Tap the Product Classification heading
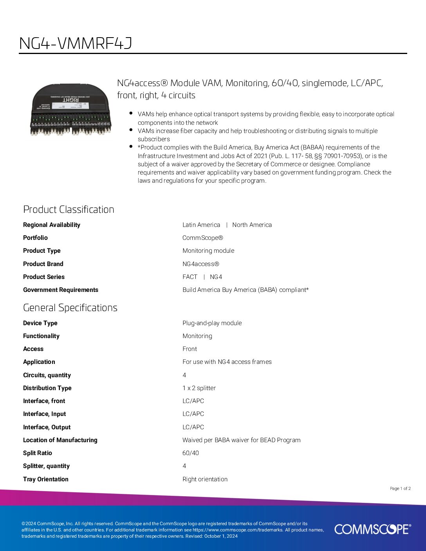click(69, 209)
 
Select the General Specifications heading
click(70, 308)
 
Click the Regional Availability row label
click(52, 225)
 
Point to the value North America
click(252, 225)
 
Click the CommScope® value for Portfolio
click(202, 238)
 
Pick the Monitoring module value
click(208, 250)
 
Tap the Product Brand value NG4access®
click(200, 264)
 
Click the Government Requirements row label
click(61, 290)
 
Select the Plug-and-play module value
click(212, 323)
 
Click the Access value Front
click(190, 349)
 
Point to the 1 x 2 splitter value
click(199, 388)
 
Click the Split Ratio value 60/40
click(190, 453)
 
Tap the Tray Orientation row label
click(46, 479)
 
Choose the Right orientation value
click(205, 479)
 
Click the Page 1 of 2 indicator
click(400, 488)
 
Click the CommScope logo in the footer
click(372, 529)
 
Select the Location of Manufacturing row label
click(60, 440)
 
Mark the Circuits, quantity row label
click(47, 375)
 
